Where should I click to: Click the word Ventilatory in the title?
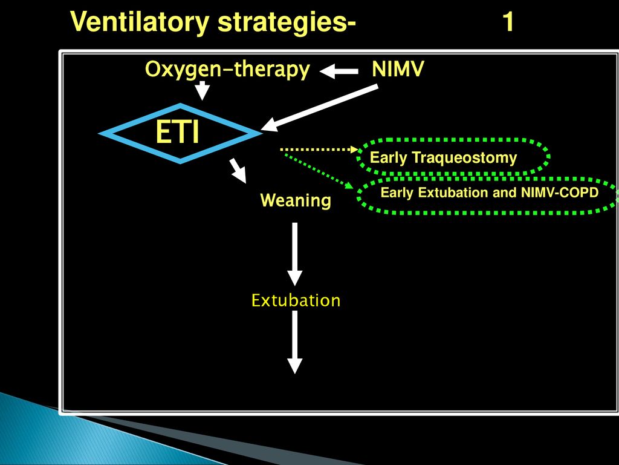[140, 22]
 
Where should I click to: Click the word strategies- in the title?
[287, 23]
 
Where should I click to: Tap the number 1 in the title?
[508, 22]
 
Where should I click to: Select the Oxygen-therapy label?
[227, 69]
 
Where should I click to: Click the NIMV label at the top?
[398, 69]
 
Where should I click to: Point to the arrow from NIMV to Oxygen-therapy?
[339, 71]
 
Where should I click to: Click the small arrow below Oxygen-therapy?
[203, 91]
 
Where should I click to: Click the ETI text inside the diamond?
[178, 133]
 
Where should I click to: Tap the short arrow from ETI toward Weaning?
[238, 170]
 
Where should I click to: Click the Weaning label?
[296, 200]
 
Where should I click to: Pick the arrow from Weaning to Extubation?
[295, 254]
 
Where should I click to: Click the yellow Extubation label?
[296, 300]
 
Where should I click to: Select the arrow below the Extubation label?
[295, 342]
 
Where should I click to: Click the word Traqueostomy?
[464, 158]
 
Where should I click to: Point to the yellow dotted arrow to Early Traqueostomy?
[319, 150]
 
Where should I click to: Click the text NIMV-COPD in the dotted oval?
[560, 193]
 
